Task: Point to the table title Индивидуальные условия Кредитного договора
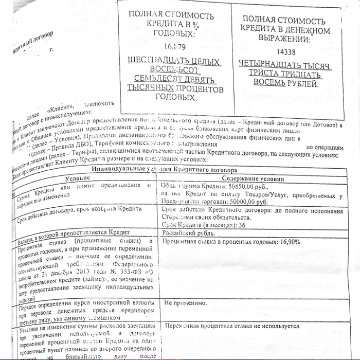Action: pyautogui.click(x=165, y=169)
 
